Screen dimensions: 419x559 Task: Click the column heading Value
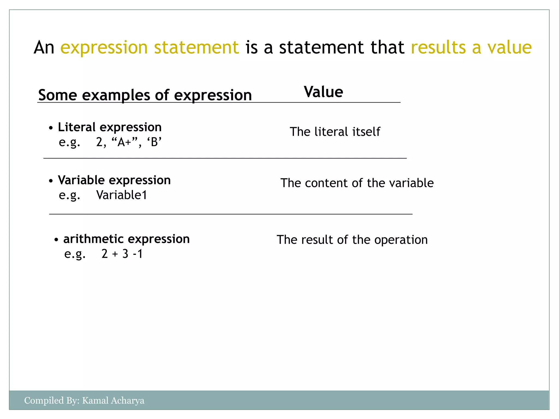tap(323, 92)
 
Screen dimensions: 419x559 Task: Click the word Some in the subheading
tap(58, 95)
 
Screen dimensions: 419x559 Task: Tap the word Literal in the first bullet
tap(77, 127)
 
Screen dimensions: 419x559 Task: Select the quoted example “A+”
tap(125, 142)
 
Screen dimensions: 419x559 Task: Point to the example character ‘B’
tap(154, 142)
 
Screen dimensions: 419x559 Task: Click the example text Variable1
tap(122, 195)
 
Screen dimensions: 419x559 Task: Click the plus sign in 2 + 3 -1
tap(115, 254)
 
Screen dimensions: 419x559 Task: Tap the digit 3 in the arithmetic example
tap(125, 254)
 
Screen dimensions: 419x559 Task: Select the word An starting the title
tap(44, 47)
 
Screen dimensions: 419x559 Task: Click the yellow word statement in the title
tap(196, 47)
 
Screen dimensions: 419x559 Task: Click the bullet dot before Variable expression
tap(51, 181)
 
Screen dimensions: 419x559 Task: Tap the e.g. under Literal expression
tap(69, 142)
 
